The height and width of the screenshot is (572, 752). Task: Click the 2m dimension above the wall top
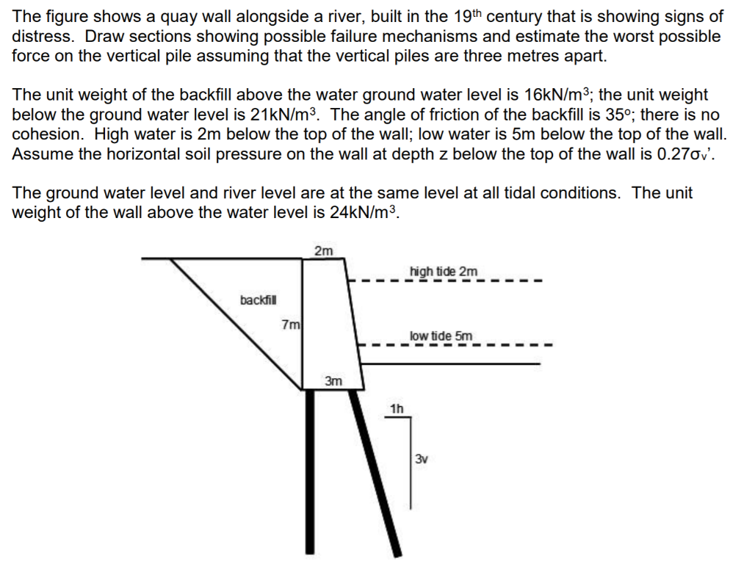coord(323,251)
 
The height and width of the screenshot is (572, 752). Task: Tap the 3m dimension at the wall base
coord(333,381)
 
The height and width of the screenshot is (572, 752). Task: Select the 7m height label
coord(292,324)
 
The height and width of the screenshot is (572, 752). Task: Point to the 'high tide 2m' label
coord(443,272)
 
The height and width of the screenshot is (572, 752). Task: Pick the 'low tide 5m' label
coord(441,336)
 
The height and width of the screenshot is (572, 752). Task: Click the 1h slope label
coord(397,408)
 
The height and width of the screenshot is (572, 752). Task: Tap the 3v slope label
coord(421,460)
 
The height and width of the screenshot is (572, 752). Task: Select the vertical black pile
coord(310,470)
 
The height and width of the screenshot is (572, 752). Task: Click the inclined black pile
coord(375,470)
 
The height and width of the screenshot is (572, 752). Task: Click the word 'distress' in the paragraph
coord(42,36)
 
